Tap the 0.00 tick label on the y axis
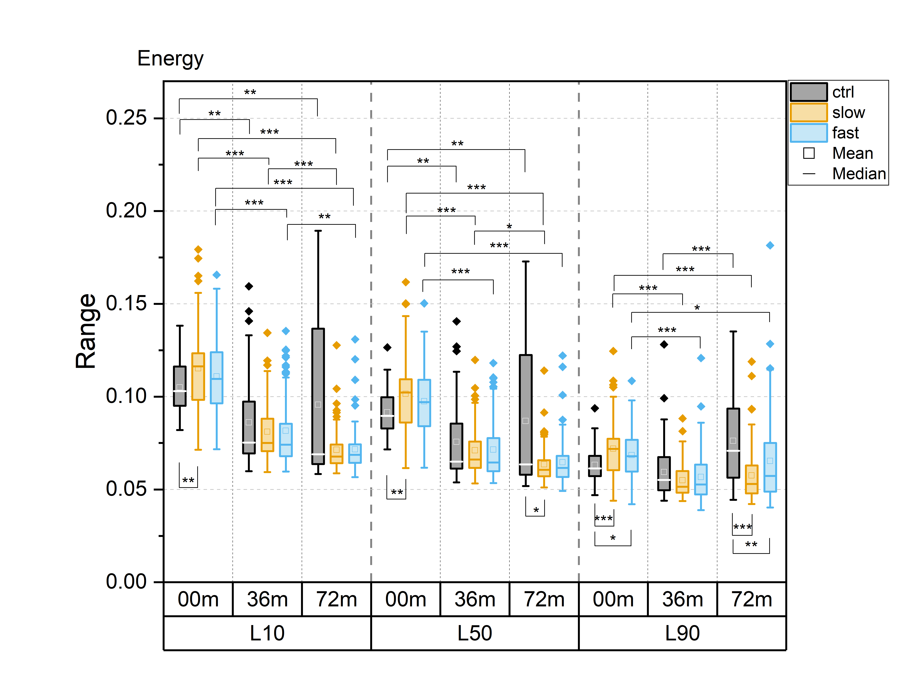126,582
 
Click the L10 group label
267,633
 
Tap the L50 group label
475,633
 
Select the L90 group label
682,633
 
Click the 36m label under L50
475,599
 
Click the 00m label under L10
198,599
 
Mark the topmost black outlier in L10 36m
249,286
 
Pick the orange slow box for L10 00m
198,376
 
